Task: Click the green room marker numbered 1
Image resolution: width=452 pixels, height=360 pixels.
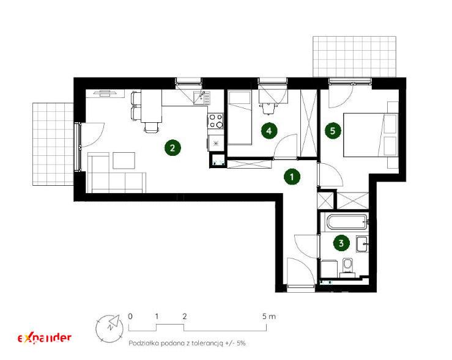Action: (x=292, y=177)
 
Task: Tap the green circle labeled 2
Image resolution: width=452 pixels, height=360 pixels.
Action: (x=172, y=148)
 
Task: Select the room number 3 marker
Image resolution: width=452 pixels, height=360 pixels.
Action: (x=341, y=243)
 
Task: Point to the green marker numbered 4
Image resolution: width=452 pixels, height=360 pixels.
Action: (x=269, y=131)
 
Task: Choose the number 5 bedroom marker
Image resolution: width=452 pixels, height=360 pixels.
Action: (x=333, y=131)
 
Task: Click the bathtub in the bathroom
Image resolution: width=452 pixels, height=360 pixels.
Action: (x=347, y=222)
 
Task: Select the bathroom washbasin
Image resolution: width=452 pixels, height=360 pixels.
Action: (x=362, y=244)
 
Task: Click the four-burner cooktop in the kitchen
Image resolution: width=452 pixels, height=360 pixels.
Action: (x=216, y=120)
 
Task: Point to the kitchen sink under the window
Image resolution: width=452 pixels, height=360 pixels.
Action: (x=202, y=98)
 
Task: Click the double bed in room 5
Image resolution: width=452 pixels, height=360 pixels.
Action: (x=371, y=135)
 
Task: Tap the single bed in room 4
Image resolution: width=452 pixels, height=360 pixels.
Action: (x=240, y=118)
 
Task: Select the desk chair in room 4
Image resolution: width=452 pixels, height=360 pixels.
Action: (x=268, y=109)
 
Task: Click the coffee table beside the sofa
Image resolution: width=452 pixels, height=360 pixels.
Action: (x=124, y=160)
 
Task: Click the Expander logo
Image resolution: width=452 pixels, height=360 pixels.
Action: (x=45, y=338)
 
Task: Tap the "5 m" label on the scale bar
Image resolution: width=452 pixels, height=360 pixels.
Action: (x=269, y=317)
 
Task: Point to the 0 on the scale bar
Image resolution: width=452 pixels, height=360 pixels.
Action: (x=130, y=317)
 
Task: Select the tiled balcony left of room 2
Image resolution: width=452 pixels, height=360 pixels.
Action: (x=53, y=144)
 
